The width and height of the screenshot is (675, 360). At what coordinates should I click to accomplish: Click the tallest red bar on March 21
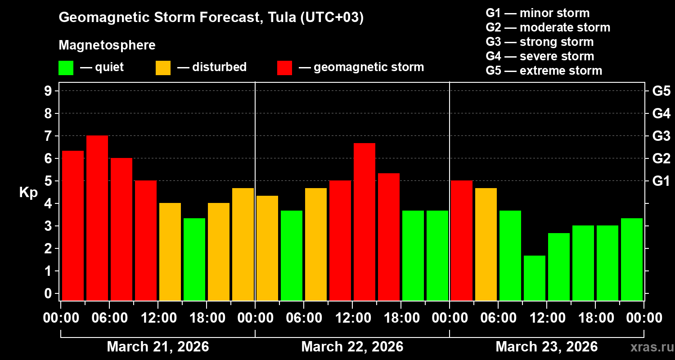point(97,218)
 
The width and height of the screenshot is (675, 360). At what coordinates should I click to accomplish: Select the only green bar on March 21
point(194,259)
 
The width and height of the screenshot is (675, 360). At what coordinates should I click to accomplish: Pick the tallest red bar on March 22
point(364,221)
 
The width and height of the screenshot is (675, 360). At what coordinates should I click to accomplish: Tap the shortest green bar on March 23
point(535,278)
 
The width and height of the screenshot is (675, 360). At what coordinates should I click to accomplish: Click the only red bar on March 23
point(462,240)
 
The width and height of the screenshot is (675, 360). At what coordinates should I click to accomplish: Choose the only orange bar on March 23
point(486,244)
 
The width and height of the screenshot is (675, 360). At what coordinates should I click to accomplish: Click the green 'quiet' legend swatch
point(66,67)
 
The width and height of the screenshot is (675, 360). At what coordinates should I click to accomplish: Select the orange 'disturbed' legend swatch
point(163,67)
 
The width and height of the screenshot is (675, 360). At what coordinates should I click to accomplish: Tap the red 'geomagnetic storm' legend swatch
point(284,67)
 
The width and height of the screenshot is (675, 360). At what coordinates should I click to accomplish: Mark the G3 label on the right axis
point(661,136)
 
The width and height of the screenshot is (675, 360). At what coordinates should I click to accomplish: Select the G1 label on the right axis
point(661,181)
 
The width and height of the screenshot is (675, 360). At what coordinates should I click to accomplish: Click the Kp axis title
point(28,193)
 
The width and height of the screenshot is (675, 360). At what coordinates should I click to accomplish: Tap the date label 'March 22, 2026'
point(352,347)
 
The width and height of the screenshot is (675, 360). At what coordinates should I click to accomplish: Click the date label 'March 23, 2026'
point(546,347)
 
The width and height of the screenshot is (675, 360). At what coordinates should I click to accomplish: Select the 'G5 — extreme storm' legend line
point(544,71)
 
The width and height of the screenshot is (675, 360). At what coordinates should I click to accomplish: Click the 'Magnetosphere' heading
point(107,45)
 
